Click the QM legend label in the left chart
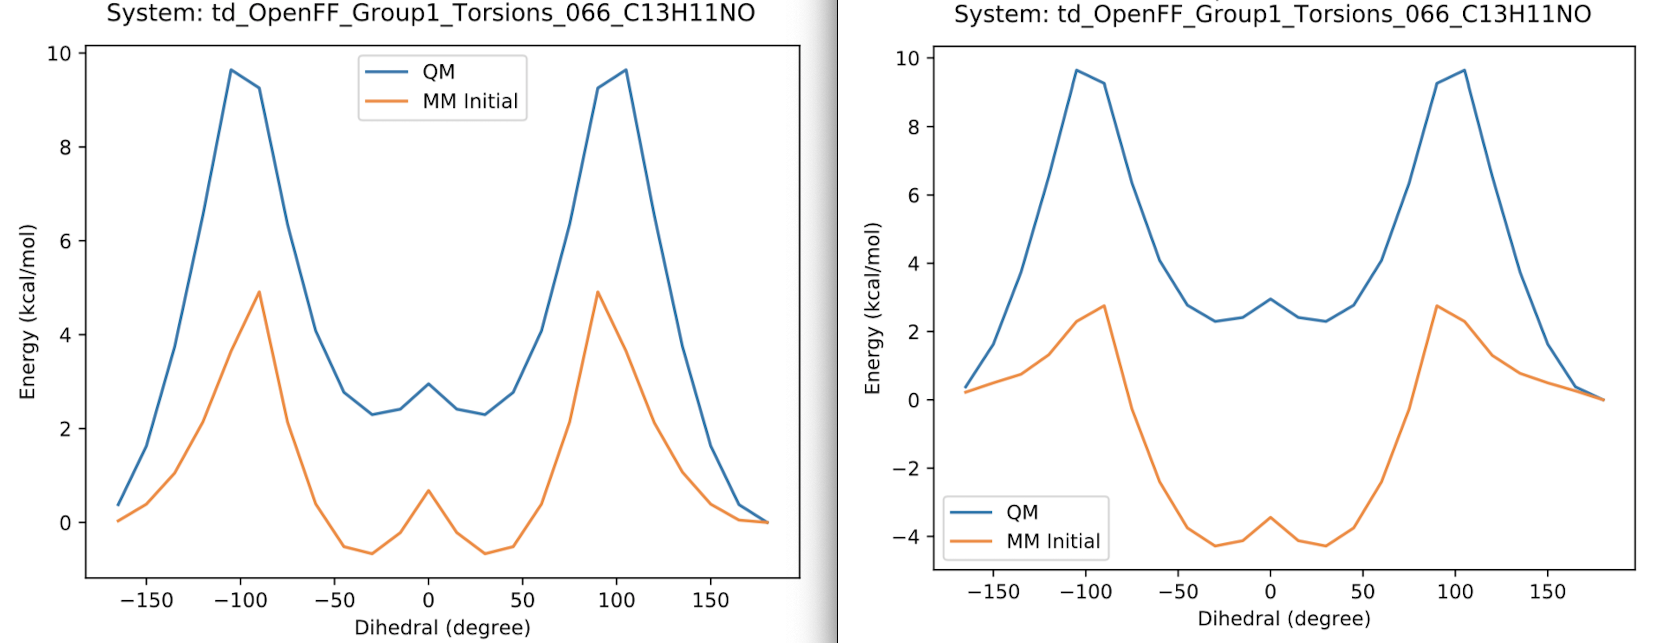click(438, 71)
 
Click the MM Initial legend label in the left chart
click(470, 101)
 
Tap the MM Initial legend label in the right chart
click(1053, 541)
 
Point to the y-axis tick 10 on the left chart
click(59, 53)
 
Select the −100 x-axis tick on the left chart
click(240, 600)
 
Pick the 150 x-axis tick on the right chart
click(1547, 591)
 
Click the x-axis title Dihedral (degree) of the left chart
click(442, 627)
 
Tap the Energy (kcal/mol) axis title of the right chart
click(873, 308)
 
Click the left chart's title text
click(430, 13)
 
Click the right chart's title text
click(1272, 14)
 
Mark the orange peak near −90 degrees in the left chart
click(259, 292)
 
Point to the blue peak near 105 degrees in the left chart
click(625, 70)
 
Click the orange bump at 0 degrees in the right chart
click(1270, 517)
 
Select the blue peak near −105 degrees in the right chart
click(1076, 70)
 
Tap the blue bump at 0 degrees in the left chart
click(428, 383)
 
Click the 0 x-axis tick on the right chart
click(1270, 591)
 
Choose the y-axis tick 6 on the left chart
click(65, 241)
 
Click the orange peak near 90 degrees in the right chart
click(1437, 306)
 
